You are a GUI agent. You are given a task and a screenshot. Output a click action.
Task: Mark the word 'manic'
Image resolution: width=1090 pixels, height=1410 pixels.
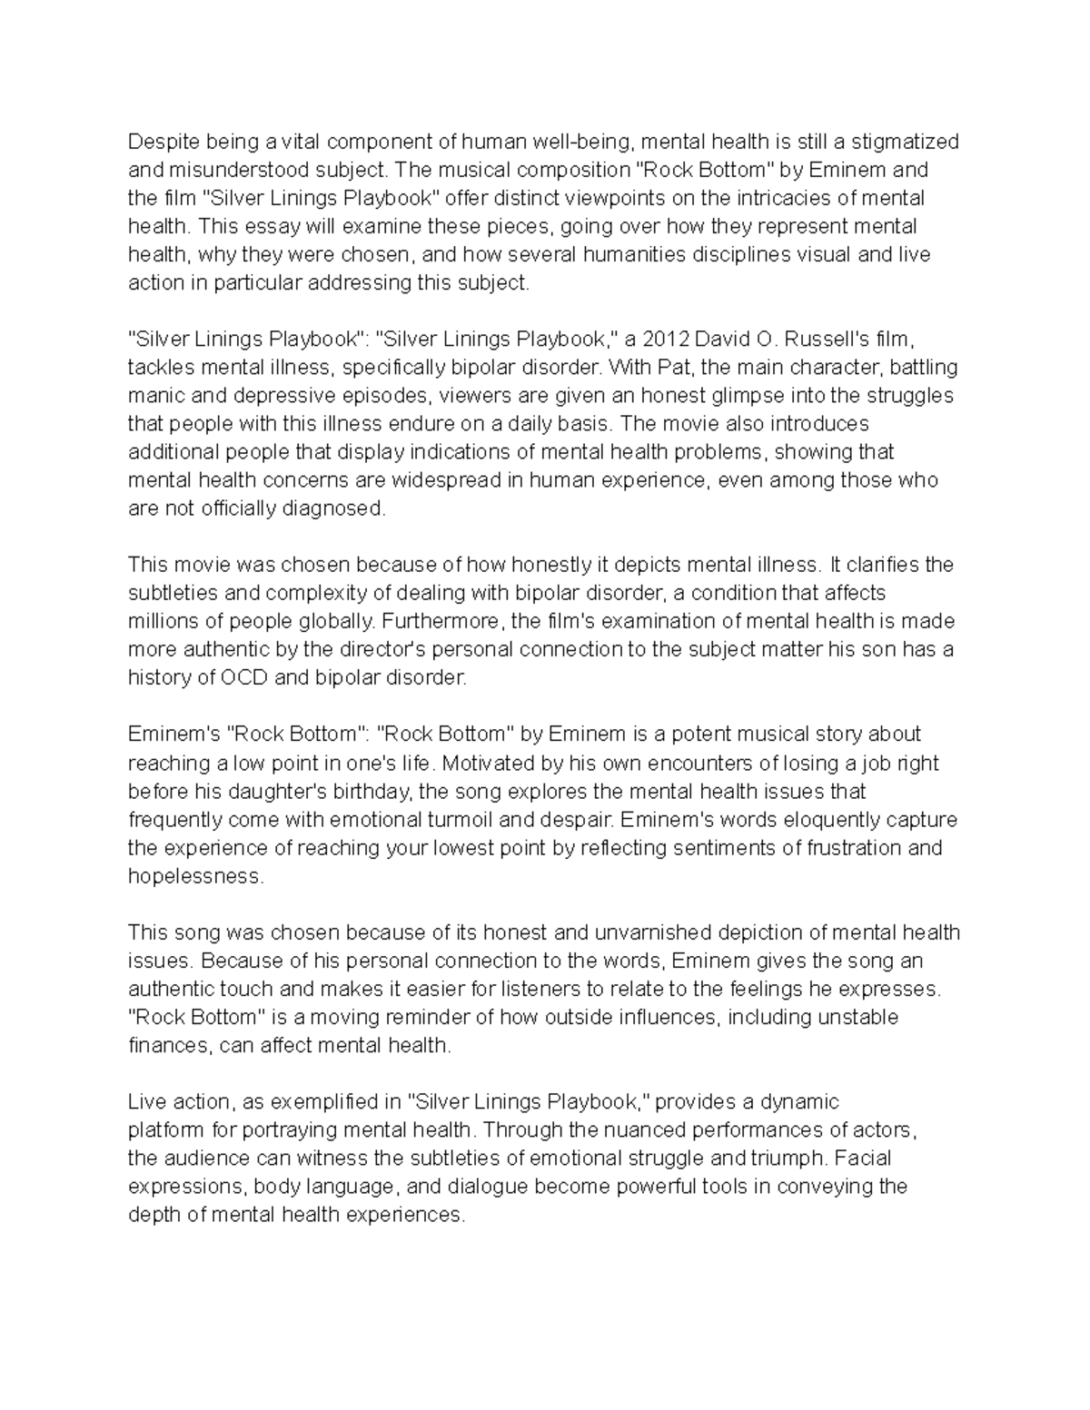pos(154,396)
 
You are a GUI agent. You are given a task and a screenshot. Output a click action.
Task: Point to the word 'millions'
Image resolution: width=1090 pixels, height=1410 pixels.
pos(161,622)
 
